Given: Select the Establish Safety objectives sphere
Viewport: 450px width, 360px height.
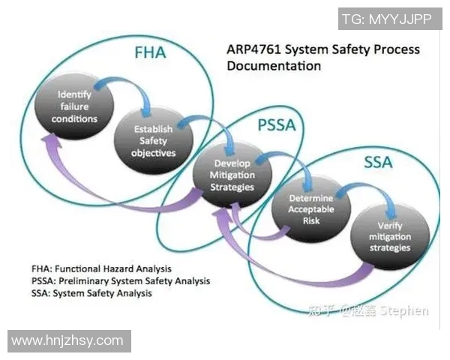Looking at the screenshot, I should coord(154,139).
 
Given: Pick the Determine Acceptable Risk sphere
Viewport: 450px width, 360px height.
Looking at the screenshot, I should coord(311,204).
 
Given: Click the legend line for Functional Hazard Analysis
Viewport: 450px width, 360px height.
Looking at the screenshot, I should coord(101,268).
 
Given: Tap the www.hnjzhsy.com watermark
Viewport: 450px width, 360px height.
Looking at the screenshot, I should coord(67,340).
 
